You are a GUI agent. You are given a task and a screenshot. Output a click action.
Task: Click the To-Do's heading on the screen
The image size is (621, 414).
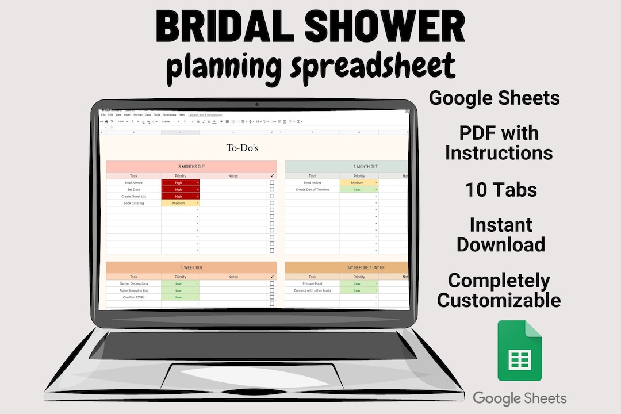point(242,148)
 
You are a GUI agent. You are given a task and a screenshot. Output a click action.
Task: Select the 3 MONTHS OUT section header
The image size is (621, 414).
point(191,167)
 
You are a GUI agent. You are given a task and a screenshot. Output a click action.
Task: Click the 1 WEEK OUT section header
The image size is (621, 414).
point(191,267)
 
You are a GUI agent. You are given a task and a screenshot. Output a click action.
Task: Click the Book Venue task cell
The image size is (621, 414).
point(133,183)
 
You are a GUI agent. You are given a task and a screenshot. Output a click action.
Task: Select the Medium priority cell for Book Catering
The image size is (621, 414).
point(181,203)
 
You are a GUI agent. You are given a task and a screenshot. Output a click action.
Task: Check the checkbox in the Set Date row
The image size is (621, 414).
point(272,190)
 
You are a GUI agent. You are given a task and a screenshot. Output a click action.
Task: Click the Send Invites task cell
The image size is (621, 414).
point(312,183)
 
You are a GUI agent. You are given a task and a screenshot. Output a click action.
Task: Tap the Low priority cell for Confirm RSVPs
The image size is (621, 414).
point(181,297)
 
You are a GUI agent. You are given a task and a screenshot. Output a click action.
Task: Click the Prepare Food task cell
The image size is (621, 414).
point(312,283)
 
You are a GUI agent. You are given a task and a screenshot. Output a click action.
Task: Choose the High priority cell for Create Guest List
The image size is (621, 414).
point(181,196)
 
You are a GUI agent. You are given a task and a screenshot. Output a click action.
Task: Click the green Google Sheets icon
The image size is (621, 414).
point(519,350)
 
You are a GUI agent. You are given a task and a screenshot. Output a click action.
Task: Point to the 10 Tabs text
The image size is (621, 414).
point(501,189)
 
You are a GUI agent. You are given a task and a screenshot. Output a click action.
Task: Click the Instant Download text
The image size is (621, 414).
point(501,235)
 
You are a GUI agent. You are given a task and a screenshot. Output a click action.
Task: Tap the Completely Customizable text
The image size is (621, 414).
point(499,290)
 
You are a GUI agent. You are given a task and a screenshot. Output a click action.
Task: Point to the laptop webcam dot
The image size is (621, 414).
point(256,105)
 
